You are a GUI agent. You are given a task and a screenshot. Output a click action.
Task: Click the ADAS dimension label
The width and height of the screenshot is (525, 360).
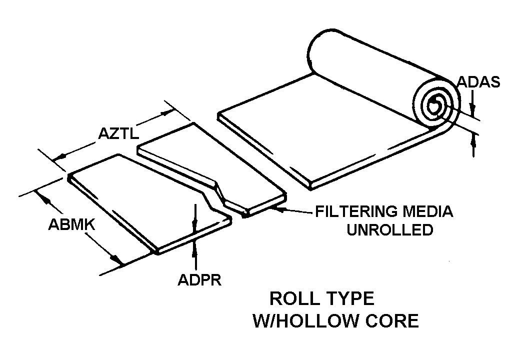coord(479,82)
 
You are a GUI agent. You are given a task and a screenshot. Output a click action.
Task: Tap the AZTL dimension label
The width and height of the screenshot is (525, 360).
coord(119,133)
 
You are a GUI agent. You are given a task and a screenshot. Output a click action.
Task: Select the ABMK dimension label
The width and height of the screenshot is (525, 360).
coord(71,225)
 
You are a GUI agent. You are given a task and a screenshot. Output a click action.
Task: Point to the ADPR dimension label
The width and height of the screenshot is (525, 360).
coord(199,279)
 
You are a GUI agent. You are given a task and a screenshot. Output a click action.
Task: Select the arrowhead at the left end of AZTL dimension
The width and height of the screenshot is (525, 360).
coord(57,157)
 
